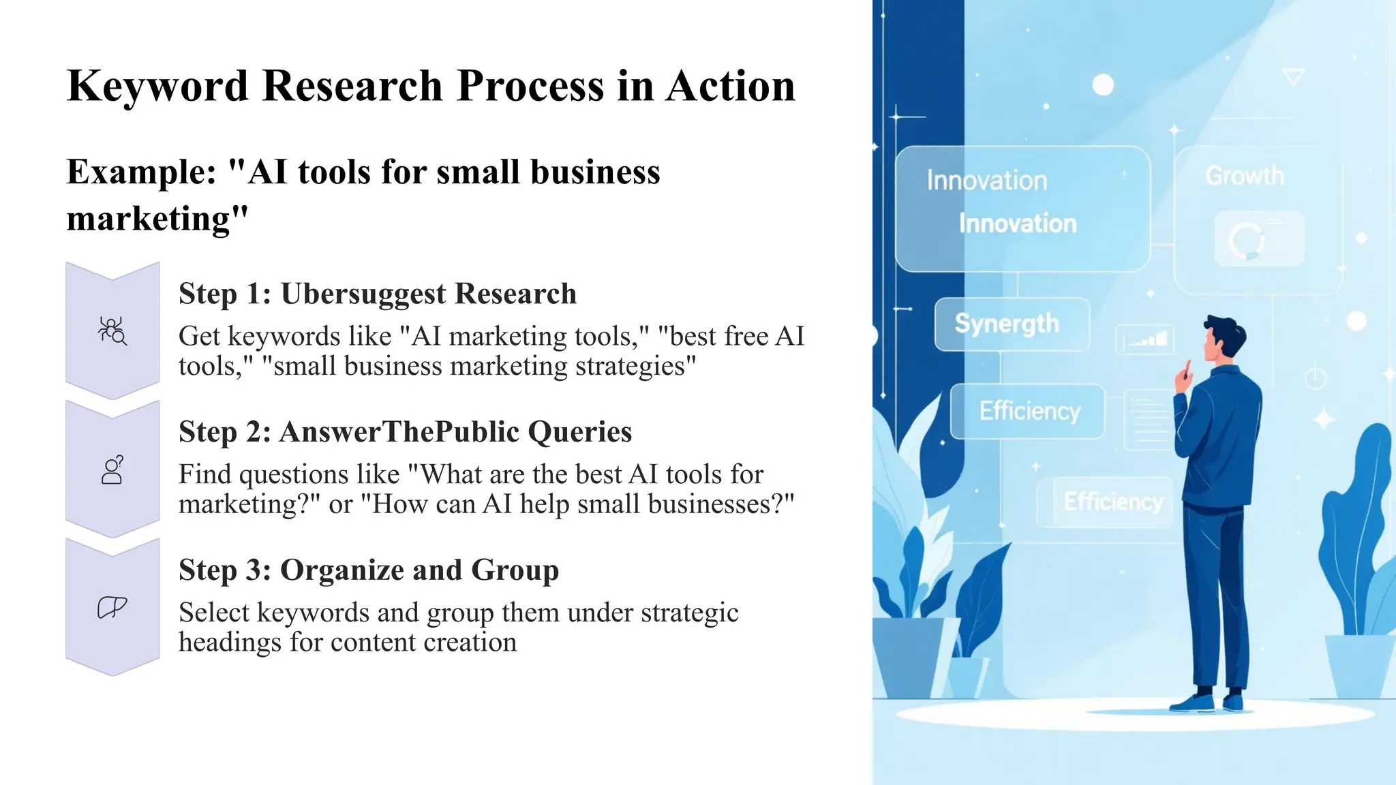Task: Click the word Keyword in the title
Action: pos(157,87)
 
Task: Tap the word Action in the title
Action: pos(730,87)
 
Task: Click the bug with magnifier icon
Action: pos(112,331)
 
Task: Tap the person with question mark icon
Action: pos(112,470)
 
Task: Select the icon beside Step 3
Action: pos(112,607)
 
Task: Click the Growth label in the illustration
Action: pos(1245,176)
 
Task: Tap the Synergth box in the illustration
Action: pos(1011,324)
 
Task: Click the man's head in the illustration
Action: pos(1224,339)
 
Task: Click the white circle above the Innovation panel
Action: pos(1103,85)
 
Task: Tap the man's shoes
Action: pos(1210,702)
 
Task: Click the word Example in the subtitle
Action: pos(140,172)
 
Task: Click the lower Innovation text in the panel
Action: pos(1018,224)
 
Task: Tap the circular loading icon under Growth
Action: pos(1246,241)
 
